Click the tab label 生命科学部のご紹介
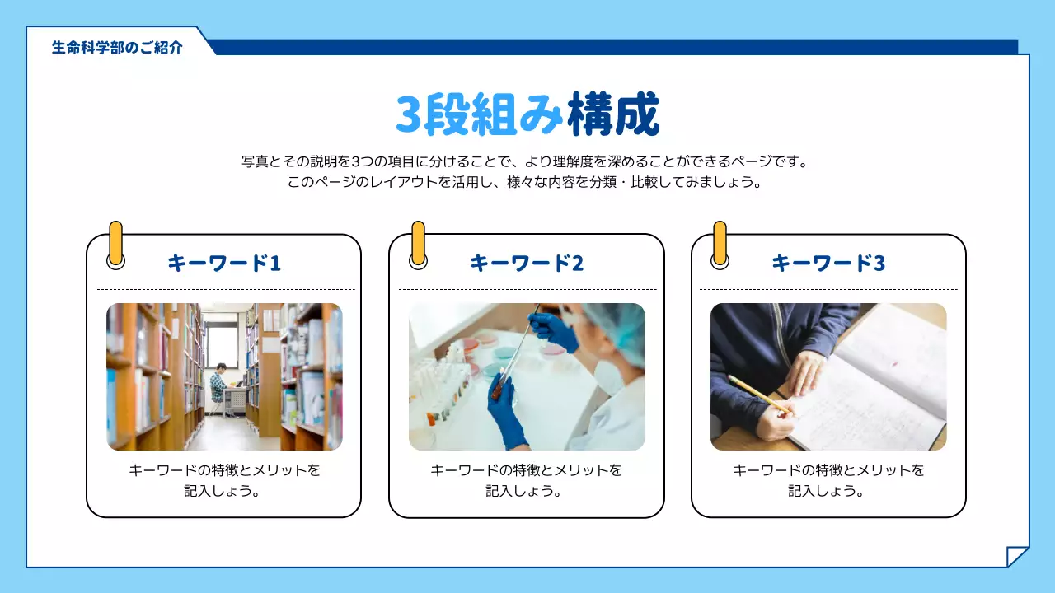click(x=117, y=47)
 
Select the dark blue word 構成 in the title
click(x=614, y=114)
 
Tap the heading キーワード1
click(x=224, y=263)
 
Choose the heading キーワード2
click(x=527, y=263)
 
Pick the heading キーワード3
click(x=828, y=263)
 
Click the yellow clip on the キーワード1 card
click(x=116, y=242)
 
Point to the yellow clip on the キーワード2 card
click(x=418, y=242)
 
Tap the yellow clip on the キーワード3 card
click(x=720, y=242)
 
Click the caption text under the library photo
click(x=224, y=480)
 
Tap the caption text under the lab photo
click(x=527, y=480)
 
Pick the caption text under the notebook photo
click(x=828, y=480)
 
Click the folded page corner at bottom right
click(x=1018, y=557)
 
